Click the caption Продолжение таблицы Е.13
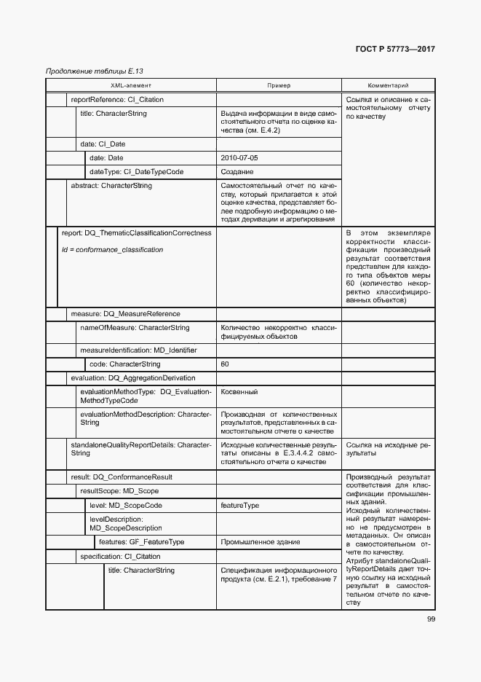(x=94, y=71)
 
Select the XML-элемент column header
(x=131, y=85)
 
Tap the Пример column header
(x=278, y=85)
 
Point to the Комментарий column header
(x=388, y=85)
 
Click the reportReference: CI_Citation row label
(x=117, y=100)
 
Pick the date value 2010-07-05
(x=239, y=157)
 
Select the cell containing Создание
(x=237, y=172)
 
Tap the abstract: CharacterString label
(x=111, y=187)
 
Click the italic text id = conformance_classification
(x=113, y=250)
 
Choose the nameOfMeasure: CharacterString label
(x=135, y=328)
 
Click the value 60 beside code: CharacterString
(x=225, y=364)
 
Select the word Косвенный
(x=239, y=392)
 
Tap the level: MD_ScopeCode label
(x=125, y=505)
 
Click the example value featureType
(x=240, y=505)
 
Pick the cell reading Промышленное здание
(x=254, y=542)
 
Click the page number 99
(x=431, y=619)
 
